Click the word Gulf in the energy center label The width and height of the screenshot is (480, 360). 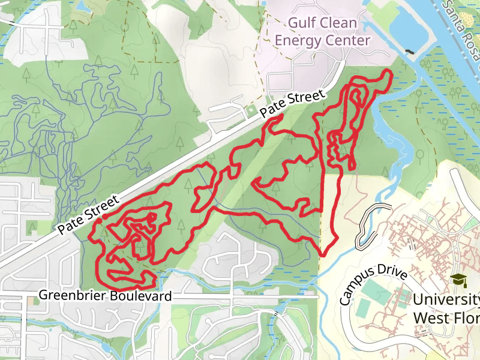tap(302, 23)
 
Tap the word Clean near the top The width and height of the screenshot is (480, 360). tap(338, 23)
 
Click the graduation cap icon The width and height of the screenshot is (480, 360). tap(459, 280)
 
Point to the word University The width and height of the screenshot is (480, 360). tap(445, 299)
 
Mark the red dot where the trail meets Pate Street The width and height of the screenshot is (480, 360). tap(104, 216)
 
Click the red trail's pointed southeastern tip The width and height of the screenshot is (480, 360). tap(323, 254)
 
